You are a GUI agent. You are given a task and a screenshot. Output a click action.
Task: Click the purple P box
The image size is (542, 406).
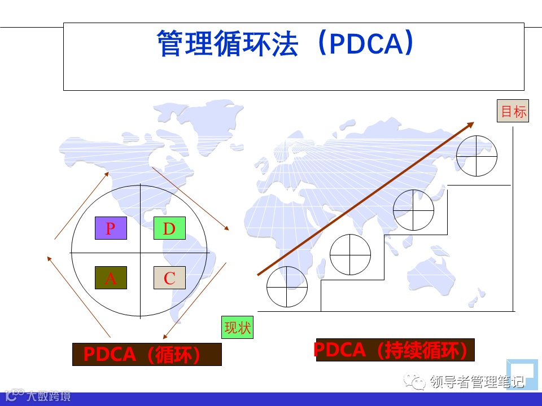pos(111,228)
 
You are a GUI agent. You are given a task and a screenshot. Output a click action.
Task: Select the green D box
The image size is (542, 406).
pos(169,228)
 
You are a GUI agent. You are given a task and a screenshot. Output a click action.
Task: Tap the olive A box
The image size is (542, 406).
pos(111,278)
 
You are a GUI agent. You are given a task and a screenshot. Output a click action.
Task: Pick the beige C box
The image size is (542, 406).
pos(169,278)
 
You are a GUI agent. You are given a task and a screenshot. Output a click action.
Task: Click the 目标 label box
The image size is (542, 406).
pos(513,112)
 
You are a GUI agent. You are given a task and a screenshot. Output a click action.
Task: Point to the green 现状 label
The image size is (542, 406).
pos(238,327)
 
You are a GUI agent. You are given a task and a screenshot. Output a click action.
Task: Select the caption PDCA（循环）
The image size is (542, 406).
pos(147,354)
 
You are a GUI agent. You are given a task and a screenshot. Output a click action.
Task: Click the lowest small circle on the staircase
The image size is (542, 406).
pos(287,286)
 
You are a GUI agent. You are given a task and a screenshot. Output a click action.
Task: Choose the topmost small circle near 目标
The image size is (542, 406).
pos(477,156)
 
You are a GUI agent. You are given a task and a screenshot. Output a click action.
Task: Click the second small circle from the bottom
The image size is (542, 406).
pos(351,254)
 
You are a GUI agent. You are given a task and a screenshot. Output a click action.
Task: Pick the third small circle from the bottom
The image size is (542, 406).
pos(414,210)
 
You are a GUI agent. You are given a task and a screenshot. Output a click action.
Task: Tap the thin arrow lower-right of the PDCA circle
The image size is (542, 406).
pos(194,301)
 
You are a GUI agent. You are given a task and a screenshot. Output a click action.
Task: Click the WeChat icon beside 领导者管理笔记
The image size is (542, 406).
pos(419,383)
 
